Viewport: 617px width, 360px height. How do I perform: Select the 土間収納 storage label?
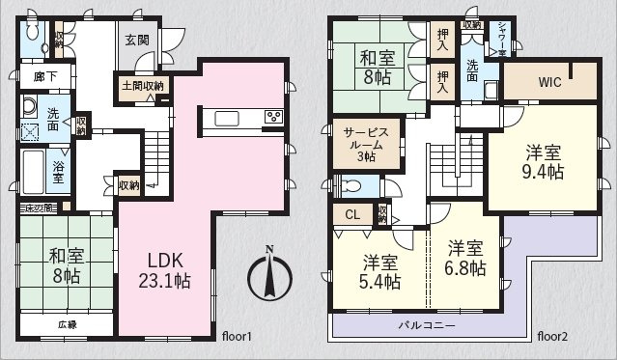(x=142, y=86)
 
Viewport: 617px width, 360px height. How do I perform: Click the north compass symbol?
(x=270, y=276)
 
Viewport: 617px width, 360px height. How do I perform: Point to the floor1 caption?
(x=236, y=337)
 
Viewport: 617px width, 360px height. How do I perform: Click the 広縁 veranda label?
(x=67, y=324)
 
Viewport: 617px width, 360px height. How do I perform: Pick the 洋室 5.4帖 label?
(x=380, y=272)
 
